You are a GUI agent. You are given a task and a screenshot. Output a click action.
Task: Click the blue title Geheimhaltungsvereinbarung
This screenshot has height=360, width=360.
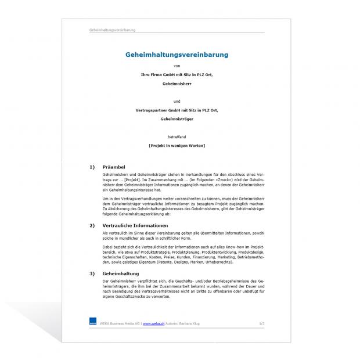177,55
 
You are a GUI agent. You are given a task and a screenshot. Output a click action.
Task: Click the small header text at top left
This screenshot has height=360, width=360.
113,30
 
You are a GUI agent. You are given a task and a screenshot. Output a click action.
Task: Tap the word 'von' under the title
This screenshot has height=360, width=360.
177,66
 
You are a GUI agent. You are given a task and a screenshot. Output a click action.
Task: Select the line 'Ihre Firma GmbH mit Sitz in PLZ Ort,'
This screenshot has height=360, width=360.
177,75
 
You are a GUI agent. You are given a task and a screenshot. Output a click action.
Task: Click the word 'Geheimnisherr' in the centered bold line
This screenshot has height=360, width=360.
177,84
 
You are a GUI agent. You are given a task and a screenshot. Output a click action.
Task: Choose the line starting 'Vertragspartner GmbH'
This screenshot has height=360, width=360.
177,110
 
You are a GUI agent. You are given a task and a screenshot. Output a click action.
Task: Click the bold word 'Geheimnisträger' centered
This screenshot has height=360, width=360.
177,119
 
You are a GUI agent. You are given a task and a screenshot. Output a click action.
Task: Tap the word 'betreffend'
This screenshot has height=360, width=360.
177,137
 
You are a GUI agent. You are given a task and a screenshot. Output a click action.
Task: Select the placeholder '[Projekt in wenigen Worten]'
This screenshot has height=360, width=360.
177,145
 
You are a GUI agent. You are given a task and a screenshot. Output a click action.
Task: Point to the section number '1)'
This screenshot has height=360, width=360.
92,167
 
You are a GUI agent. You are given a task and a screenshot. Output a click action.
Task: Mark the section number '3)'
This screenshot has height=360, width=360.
92,273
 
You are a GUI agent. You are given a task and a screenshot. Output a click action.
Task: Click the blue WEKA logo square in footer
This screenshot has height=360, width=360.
93,322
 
